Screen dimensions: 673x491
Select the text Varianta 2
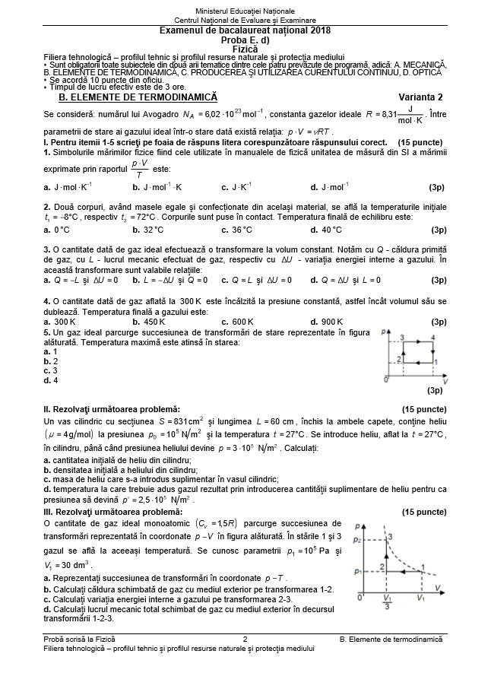(420, 97)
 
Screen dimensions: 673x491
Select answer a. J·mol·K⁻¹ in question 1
(68, 186)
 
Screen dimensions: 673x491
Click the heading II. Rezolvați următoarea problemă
(112, 408)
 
